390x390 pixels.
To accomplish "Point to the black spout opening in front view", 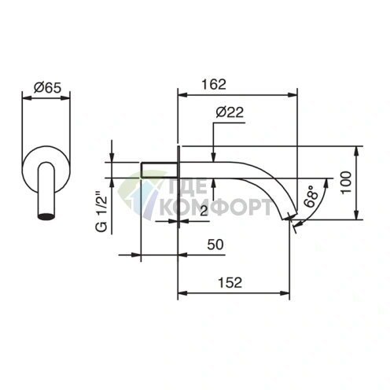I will tap(48, 213).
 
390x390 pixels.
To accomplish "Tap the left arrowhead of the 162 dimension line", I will tap(183, 94).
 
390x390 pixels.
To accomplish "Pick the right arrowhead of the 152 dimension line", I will tap(285, 295).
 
